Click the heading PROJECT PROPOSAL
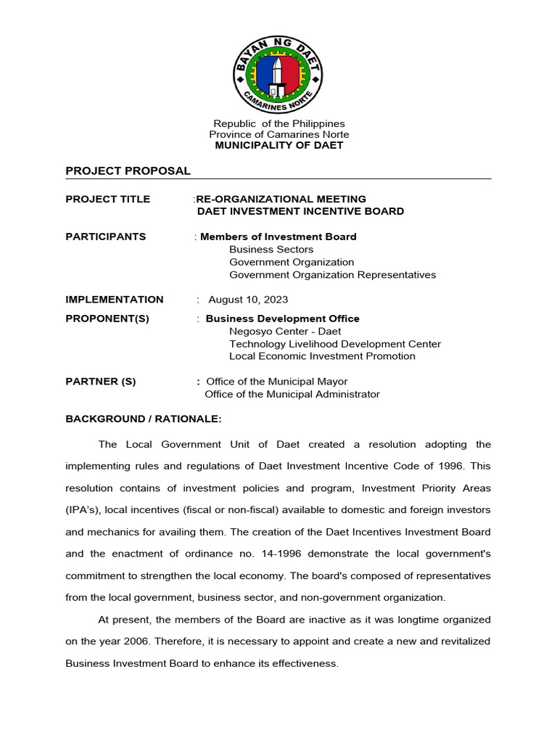[128, 171]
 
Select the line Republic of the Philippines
[278, 123]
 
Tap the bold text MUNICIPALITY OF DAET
[278, 145]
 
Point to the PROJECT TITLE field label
[107, 199]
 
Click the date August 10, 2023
[248, 300]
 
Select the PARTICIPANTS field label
[105, 237]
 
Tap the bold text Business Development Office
[282, 319]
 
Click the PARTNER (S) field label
[100, 382]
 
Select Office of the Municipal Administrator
[292, 395]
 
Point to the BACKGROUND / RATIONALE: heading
[143, 419]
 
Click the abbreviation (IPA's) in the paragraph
[85, 510]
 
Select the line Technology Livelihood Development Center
[334, 344]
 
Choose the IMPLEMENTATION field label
[114, 300]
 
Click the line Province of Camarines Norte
[278, 134]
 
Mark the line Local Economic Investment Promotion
[322, 356]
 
